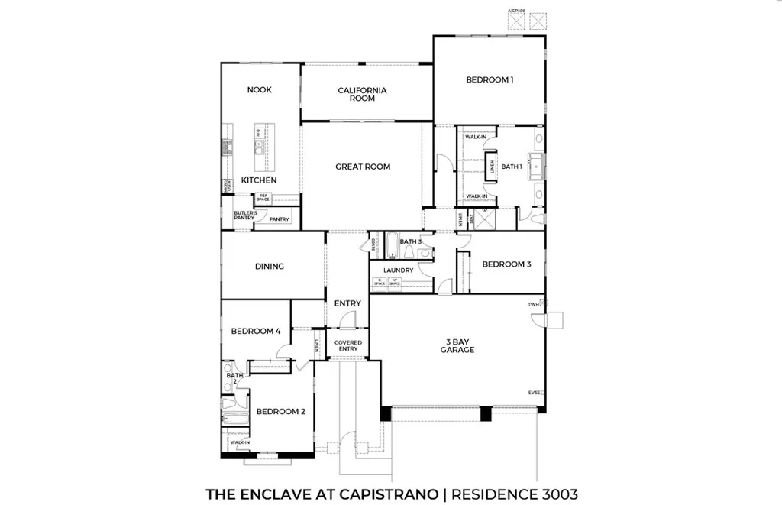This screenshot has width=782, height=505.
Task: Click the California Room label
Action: pos(362,94)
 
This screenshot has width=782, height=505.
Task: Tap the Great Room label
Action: pos(363,167)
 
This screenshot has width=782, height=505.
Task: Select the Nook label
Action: pos(259,90)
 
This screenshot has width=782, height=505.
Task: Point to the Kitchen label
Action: pos(259,180)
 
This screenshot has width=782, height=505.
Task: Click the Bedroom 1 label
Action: pos(490,79)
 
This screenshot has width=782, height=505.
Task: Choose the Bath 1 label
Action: pos(511,167)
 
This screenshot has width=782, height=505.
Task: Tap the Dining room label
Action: pos(270,267)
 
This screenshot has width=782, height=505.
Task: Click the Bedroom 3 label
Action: pos(506,264)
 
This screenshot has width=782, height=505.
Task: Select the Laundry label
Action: pos(399,270)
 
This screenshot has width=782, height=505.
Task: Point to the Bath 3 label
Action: pos(411,242)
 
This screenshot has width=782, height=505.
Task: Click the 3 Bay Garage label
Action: pos(457,345)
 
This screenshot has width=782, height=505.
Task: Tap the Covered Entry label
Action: pos(347,345)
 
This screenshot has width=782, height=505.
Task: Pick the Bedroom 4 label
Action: pos(256,332)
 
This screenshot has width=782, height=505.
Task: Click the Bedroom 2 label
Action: pos(280,412)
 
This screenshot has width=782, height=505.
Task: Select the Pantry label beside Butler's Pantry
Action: pos(280,219)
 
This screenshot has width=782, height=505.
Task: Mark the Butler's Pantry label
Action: pos(244,215)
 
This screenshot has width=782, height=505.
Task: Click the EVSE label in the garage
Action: pos(534,393)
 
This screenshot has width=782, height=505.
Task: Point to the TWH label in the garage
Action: pos(532,304)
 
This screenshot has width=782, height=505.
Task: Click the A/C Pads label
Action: pos(517,11)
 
